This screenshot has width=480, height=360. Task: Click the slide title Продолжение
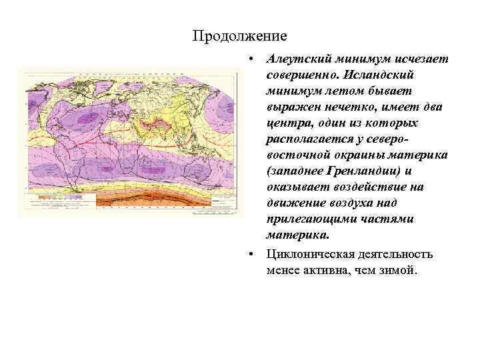pyautogui.click(x=239, y=35)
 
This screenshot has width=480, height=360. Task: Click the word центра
pyautogui.click(x=286, y=123)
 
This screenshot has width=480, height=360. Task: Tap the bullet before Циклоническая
pyautogui.click(x=248, y=254)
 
